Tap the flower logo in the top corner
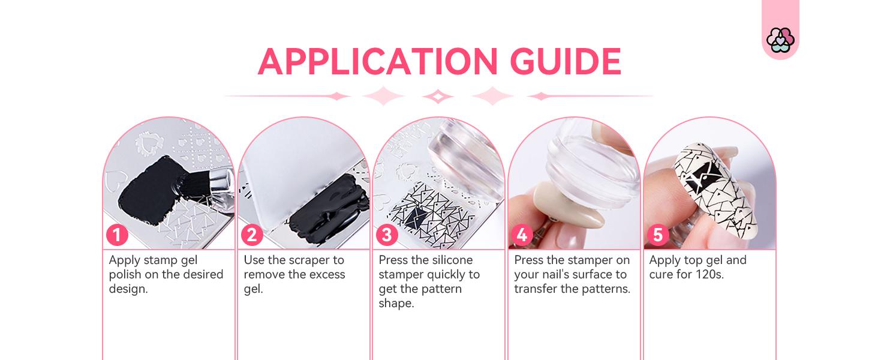pyautogui.click(x=780, y=40)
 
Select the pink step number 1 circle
pyautogui.click(x=117, y=235)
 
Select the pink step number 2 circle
pyautogui.click(x=252, y=235)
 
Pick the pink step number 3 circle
pyautogui.click(x=387, y=235)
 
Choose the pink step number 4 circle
pyautogui.click(x=522, y=235)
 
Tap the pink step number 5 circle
pyautogui.click(x=658, y=235)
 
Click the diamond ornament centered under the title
pyautogui.click(x=438, y=96)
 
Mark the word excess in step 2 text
pyautogui.click(x=325, y=275)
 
